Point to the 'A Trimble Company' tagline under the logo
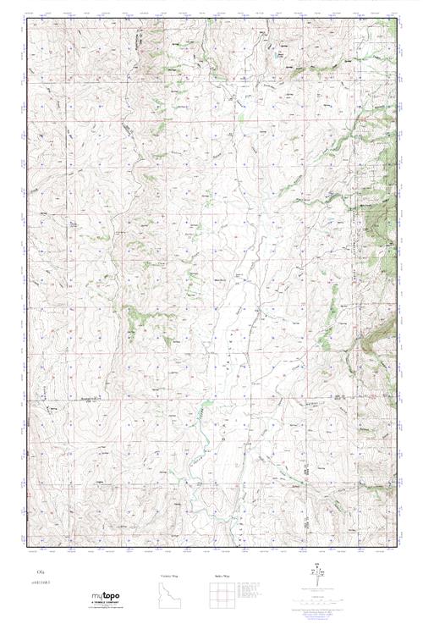pos(107,607)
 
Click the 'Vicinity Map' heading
pos(169,575)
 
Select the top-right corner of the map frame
pos(396,19)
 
